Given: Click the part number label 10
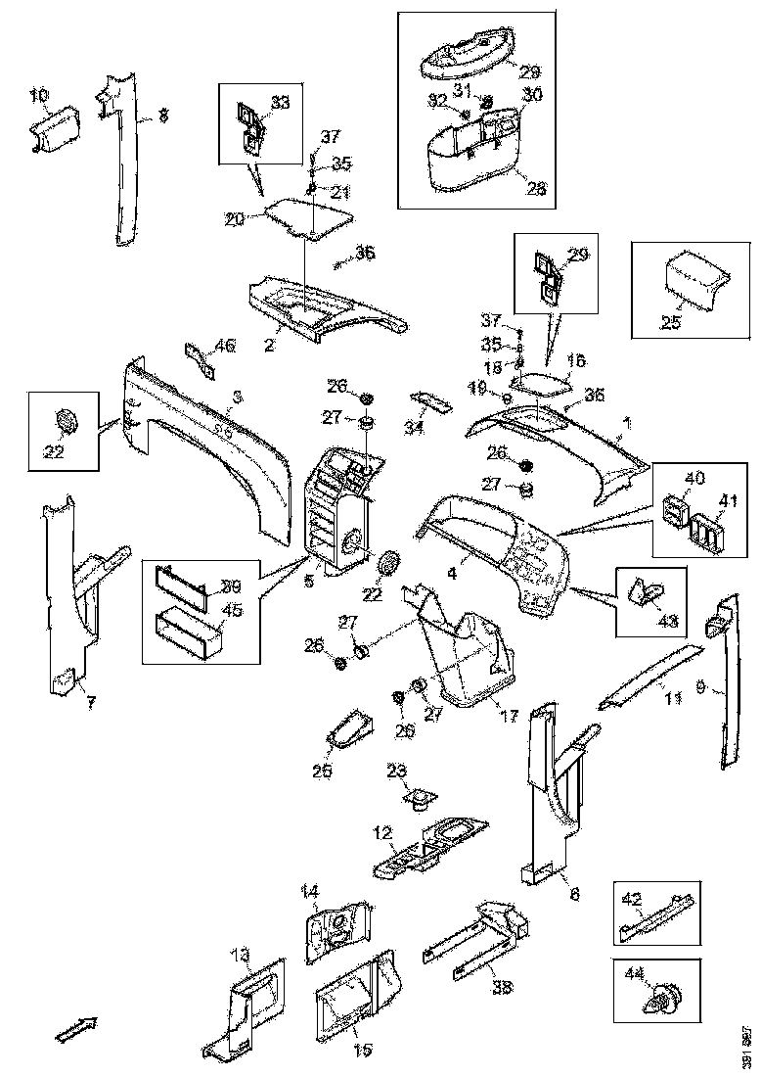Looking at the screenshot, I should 38,95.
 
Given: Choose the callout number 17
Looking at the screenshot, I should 508,716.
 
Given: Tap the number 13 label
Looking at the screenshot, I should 240,954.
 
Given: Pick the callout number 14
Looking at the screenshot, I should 309,891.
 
